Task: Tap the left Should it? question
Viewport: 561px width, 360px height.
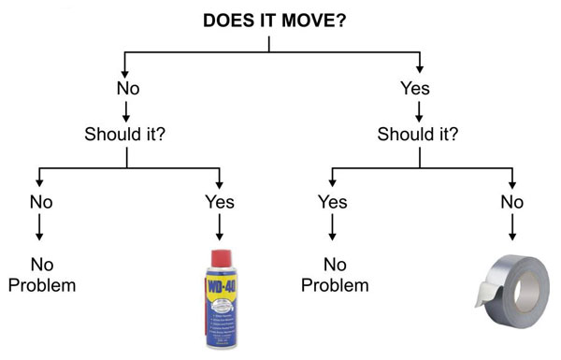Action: [x=126, y=133]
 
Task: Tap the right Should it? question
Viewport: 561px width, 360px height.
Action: [x=419, y=133]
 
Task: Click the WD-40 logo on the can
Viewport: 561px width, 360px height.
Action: [x=219, y=286]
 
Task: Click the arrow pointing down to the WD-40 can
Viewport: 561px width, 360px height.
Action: [x=220, y=228]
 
